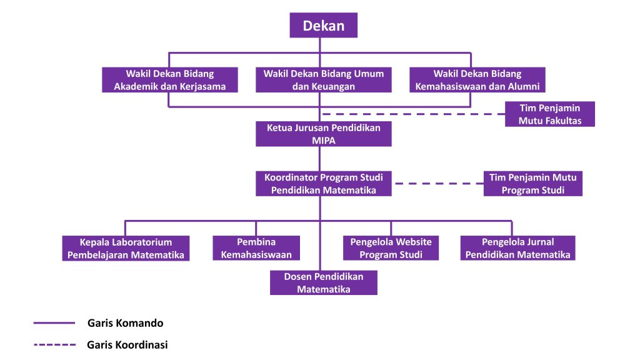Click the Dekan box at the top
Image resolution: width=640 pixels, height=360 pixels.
click(323, 26)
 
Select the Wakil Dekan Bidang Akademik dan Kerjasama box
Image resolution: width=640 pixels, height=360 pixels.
click(170, 80)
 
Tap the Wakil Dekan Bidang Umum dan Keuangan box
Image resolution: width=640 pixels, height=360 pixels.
click(324, 80)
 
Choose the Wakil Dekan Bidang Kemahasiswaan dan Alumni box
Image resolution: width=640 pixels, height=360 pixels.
click(477, 80)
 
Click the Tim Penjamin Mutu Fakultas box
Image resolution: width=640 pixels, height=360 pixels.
click(550, 114)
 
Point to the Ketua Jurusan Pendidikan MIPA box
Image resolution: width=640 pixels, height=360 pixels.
click(324, 134)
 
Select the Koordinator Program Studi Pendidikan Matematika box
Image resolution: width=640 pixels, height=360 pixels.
click(324, 184)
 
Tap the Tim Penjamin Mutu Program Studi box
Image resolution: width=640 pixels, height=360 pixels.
click(533, 184)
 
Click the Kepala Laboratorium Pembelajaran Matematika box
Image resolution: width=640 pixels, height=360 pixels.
click(126, 248)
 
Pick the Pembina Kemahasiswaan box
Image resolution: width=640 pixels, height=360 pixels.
click(256, 248)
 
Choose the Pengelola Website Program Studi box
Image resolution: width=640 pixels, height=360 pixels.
click(391, 248)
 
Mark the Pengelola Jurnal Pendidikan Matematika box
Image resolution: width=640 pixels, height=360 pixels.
click(518, 248)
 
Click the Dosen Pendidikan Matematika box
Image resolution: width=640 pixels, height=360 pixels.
click(324, 282)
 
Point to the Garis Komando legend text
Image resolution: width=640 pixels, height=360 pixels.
click(126, 323)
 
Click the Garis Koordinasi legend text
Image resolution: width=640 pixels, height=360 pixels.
click(127, 344)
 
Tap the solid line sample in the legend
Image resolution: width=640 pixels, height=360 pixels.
click(54, 323)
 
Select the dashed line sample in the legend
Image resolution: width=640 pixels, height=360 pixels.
click(54, 344)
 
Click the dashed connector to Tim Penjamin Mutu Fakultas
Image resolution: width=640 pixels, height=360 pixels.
click(412, 114)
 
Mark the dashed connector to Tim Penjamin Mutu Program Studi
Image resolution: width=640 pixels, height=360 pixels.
click(437, 184)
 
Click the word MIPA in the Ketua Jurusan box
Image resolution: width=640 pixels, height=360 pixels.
click(324, 141)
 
